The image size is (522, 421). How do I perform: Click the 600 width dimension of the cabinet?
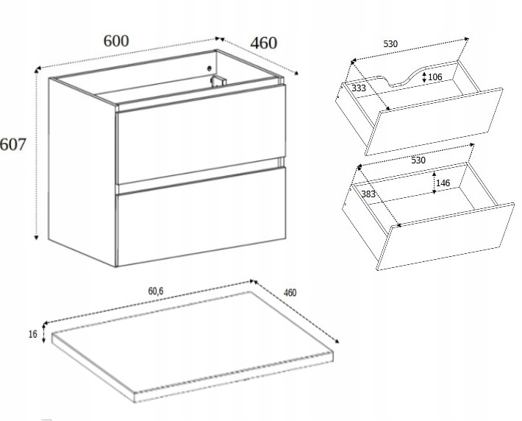(x=116, y=40)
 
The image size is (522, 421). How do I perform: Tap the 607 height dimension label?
(x=12, y=145)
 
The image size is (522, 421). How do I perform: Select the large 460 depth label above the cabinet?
(x=263, y=43)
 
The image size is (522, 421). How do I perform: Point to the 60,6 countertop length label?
(x=156, y=291)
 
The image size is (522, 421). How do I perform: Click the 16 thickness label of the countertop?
(x=32, y=334)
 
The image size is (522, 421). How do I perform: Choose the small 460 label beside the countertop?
(x=290, y=293)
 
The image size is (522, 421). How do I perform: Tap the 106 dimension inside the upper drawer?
(x=435, y=77)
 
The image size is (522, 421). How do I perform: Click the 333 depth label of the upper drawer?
(x=359, y=88)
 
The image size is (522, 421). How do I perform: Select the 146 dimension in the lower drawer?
(x=443, y=183)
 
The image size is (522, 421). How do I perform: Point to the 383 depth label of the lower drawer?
(x=368, y=194)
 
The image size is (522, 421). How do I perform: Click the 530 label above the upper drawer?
(x=390, y=44)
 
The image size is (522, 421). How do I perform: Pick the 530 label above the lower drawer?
(x=418, y=160)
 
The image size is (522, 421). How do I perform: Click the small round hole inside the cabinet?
(x=209, y=68)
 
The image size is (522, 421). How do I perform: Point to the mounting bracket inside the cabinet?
(x=218, y=81)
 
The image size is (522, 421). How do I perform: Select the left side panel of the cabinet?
(x=82, y=171)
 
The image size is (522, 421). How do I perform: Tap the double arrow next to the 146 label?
(x=434, y=183)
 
